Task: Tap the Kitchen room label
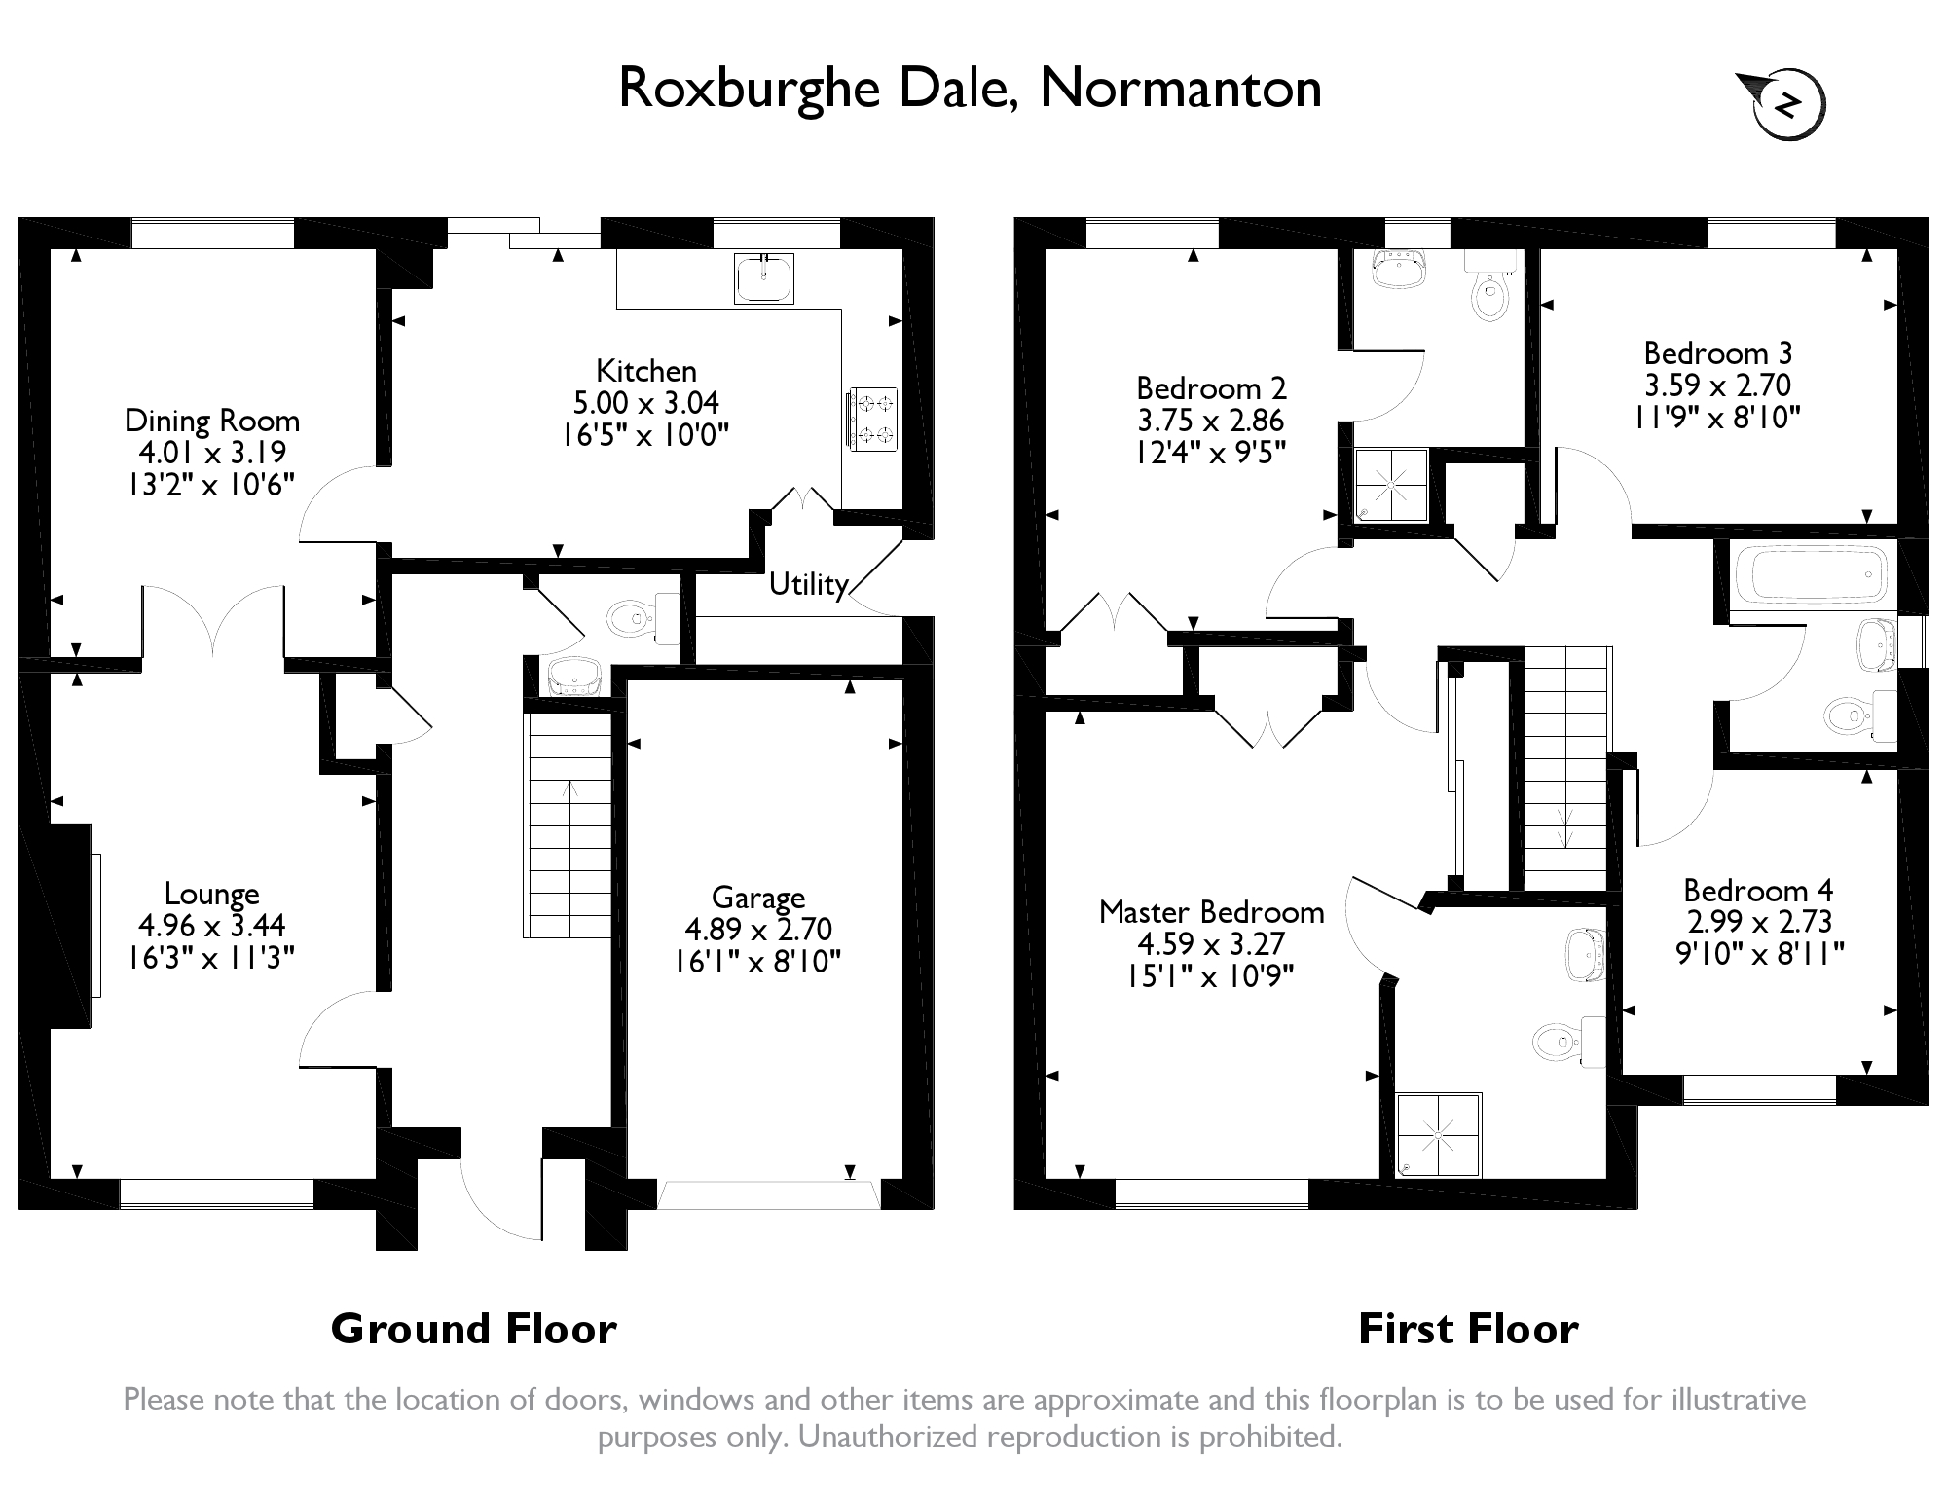point(646,371)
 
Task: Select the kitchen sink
point(765,278)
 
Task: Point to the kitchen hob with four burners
point(872,419)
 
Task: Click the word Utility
point(808,584)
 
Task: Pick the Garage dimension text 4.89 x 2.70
point(758,930)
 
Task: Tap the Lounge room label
point(211,894)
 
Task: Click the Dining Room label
point(212,421)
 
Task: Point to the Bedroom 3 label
point(1717,352)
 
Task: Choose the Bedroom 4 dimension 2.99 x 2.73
point(1758,922)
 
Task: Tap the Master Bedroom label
point(1211,912)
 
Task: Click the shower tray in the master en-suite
point(1439,1134)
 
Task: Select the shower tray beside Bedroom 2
point(1392,484)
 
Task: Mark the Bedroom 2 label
point(1211,388)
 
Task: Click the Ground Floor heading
point(473,1329)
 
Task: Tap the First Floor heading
point(1468,1329)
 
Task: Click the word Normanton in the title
point(1181,89)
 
